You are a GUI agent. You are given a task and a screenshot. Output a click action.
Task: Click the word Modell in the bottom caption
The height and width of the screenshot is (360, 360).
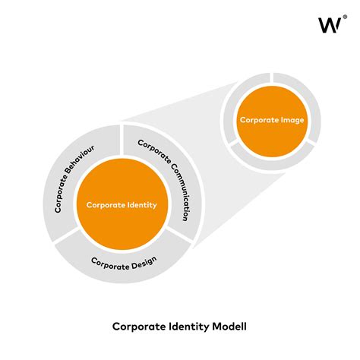228,327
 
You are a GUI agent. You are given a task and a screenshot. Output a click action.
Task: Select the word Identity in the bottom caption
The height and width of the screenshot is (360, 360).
186,327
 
